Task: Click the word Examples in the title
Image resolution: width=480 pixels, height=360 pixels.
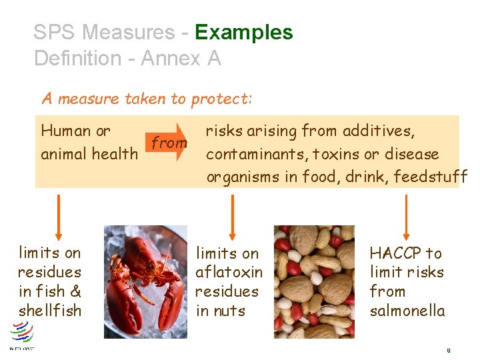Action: point(244,32)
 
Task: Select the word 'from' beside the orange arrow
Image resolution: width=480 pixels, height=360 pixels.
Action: point(169,142)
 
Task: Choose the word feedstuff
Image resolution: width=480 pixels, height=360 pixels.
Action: point(431,177)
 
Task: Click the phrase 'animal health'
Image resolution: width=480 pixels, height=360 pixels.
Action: point(89,154)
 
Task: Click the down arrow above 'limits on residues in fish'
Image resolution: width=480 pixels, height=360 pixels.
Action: point(59,217)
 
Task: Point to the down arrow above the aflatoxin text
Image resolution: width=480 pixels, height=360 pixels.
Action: point(231,217)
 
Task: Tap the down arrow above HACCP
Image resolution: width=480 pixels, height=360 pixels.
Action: point(405,217)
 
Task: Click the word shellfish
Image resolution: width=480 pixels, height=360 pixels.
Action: point(49,311)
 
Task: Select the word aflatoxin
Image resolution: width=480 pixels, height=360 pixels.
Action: point(229,272)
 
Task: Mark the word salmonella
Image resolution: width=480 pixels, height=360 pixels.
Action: point(407,311)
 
